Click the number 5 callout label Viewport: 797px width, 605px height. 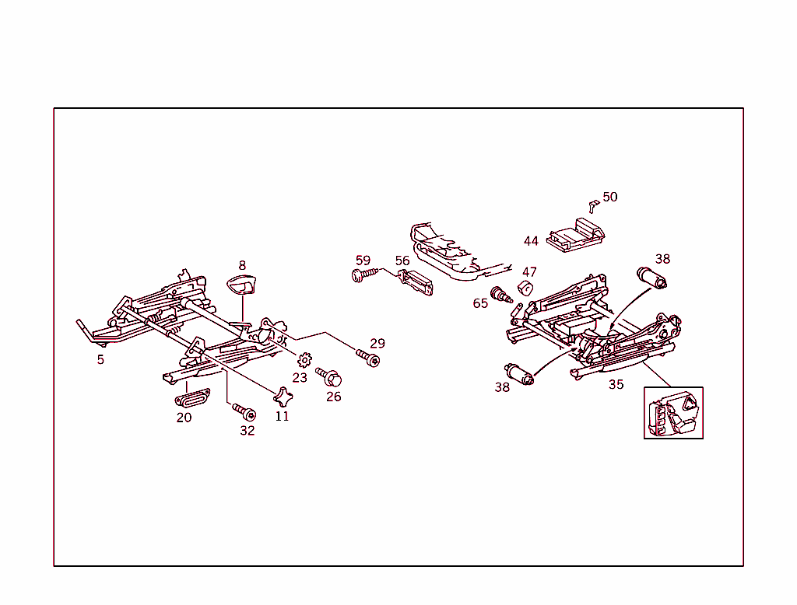coord(100,360)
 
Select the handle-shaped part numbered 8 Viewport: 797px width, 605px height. coord(241,286)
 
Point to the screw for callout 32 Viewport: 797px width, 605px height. coord(245,411)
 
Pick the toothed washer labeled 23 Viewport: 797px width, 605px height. coord(304,360)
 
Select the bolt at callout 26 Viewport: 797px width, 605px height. coord(330,377)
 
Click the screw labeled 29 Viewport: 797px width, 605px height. coord(368,358)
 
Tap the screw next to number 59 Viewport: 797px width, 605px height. coord(363,274)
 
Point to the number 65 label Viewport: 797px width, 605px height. coord(480,303)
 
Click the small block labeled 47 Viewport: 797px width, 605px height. coord(525,289)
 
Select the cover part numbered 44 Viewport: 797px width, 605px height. coord(575,236)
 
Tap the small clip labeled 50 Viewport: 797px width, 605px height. coord(593,205)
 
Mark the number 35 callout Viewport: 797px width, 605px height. coord(616,384)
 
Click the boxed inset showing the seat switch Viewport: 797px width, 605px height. coord(673,413)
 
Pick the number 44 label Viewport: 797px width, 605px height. coord(531,241)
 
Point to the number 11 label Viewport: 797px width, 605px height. coord(282,416)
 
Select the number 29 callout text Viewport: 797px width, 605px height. coord(377,343)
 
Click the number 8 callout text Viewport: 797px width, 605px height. coord(242,265)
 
